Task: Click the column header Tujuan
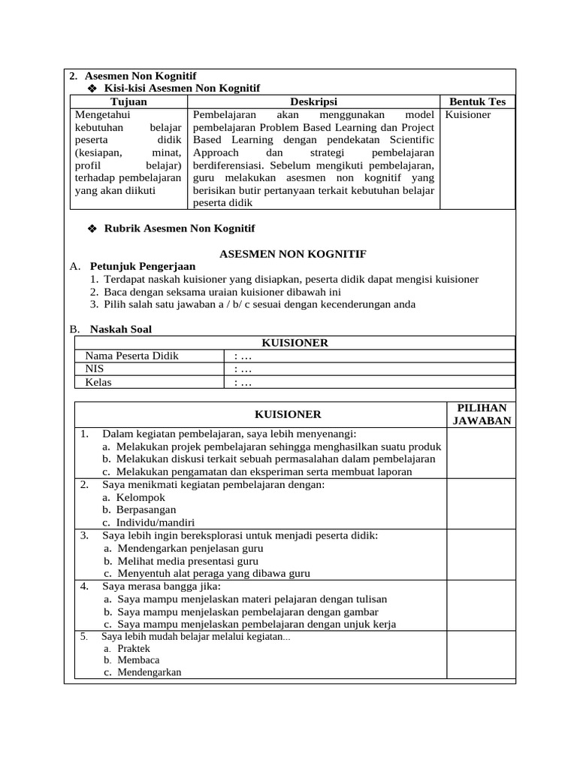click(x=128, y=102)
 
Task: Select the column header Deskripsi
click(x=313, y=102)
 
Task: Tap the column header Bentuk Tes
click(x=477, y=102)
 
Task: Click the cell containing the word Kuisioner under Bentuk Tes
click(x=468, y=115)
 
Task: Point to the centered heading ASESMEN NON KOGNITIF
click(x=292, y=254)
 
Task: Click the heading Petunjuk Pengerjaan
click(x=143, y=266)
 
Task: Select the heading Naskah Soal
click(x=120, y=329)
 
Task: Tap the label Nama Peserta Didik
click(x=132, y=356)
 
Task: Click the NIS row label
click(x=94, y=369)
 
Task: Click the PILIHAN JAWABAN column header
click(x=482, y=414)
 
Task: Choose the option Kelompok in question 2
click(x=140, y=497)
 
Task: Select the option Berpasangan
click(x=147, y=510)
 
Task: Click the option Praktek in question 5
click(x=134, y=648)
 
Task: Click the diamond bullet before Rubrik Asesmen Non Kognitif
click(x=93, y=229)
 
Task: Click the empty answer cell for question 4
click(x=482, y=605)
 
